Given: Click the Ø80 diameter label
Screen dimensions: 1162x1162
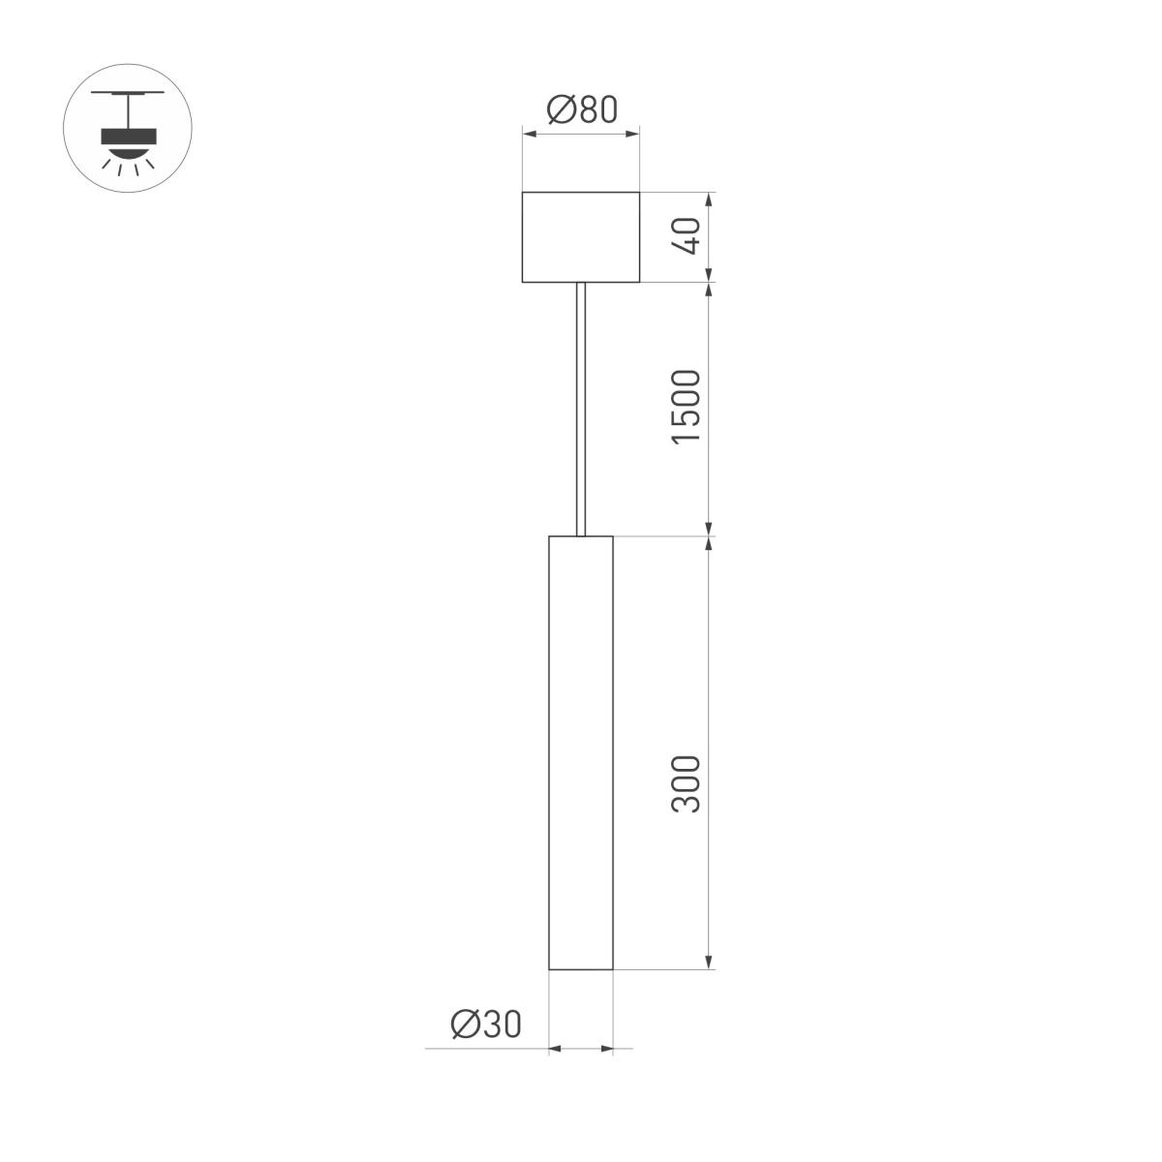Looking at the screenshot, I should coord(581,109).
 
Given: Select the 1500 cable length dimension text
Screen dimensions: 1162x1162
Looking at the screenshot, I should coord(686,407).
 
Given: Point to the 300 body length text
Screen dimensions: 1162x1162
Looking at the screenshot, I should coord(686,783).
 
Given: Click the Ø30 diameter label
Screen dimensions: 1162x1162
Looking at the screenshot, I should coord(486,1024).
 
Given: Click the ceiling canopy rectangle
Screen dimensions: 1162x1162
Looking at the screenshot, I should coord(580,237).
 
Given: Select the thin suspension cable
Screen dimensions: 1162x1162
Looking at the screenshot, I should coord(580,407).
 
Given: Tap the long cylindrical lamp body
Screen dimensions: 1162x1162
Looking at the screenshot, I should coord(580,751).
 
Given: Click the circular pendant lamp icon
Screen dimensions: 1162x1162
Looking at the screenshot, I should coord(128,128).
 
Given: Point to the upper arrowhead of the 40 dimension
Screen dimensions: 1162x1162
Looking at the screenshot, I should coord(710,199).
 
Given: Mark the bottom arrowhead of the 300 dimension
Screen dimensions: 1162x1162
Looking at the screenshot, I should coord(710,961).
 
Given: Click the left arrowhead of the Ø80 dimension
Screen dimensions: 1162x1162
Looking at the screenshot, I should coord(529,136).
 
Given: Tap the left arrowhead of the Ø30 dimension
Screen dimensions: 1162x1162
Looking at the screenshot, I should coord(556,1048).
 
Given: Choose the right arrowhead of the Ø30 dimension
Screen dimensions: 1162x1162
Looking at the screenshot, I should coord(606,1048).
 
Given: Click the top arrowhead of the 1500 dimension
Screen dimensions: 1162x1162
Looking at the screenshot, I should coord(710,290).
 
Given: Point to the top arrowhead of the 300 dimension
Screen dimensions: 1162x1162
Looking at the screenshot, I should coord(710,543).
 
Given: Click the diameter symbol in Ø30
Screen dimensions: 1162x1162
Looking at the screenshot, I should coord(465,1024).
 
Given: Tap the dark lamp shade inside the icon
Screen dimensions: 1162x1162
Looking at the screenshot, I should coord(128,135).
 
